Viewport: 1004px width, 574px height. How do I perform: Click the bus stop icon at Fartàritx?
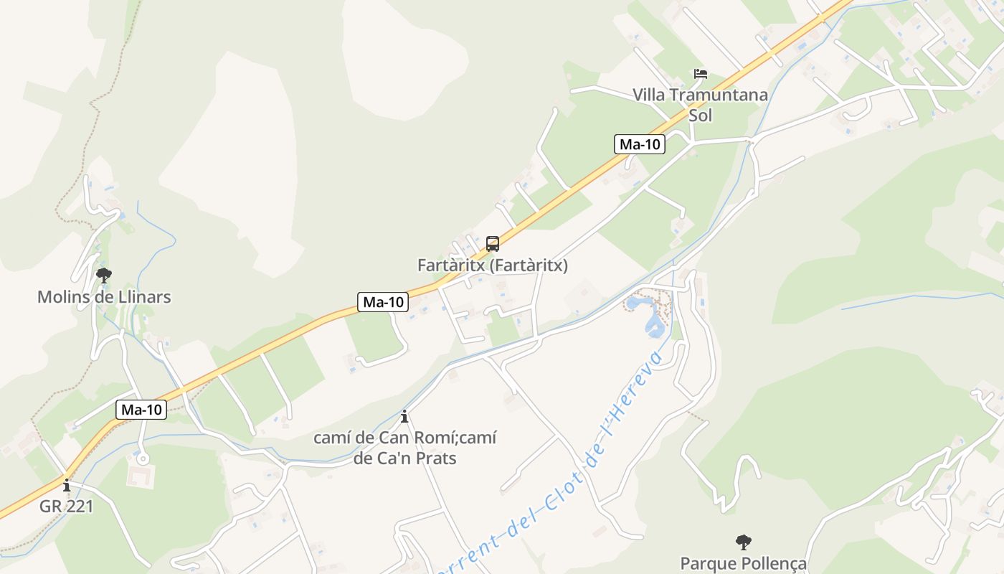[x=493, y=244]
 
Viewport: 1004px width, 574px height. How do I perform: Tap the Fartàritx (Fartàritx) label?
[x=493, y=265]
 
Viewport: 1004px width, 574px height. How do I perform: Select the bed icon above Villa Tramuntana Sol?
[x=700, y=74]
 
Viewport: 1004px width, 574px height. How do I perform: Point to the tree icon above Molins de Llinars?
[x=104, y=275]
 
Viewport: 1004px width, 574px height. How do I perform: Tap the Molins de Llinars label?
[x=104, y=297]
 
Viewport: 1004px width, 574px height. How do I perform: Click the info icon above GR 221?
[x=67, y=485]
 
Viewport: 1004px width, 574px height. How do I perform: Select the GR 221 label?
[x=67, y=506]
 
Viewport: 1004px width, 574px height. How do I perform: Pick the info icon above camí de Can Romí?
[x=404, y=416]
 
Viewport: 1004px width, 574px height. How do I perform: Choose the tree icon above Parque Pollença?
[x=744, y=542]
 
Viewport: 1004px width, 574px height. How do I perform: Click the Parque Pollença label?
[x=744, y=563]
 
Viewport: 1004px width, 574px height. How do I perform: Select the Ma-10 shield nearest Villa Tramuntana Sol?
[x=640, y=144]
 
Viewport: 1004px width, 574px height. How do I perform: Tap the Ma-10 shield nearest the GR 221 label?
[x=141, y=410]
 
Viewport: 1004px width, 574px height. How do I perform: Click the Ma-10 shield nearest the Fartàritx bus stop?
[x=383, y=302]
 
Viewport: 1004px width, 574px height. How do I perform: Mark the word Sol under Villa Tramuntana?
[x=700, y=115]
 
